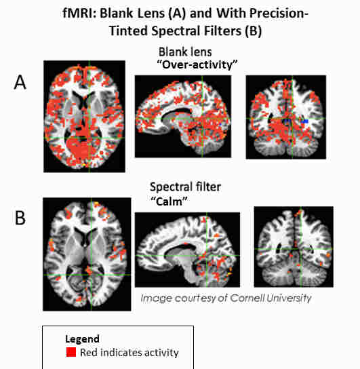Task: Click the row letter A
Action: [x=20, y=82]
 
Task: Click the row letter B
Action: [x=20, y=218]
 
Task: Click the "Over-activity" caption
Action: [x=197, y=64]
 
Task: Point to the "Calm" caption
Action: [x=169, y=201]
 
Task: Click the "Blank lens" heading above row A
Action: [x=185, y=52]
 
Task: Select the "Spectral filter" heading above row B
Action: [x=185, y=187]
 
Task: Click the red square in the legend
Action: [x=71, y=352]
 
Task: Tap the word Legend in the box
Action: [x=82, y=339]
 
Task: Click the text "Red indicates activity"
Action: [x=129, y=353]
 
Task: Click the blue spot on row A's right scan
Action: [x=304, y=121]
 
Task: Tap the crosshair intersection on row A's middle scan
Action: [x=202, y=119]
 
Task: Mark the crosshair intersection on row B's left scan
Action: [x=92, y=275]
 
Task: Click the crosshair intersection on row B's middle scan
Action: [x=207, y=256]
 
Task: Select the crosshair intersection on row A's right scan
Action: [x=292, y=119]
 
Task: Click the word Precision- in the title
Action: [x=279, y=13]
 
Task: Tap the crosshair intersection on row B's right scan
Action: [x=301, y=249]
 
